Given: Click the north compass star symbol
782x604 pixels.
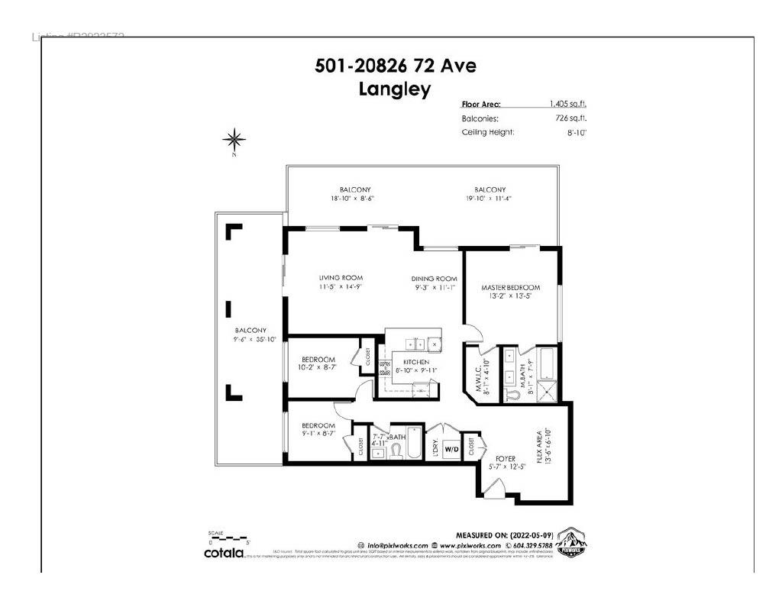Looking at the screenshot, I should click(234, 139).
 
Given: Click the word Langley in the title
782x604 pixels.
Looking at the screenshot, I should click(395, 89).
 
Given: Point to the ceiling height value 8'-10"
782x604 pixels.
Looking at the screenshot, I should click(577, 132).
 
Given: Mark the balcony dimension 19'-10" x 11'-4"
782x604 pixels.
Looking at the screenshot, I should click(489, 199).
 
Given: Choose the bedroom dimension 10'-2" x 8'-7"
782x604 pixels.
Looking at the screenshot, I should click(318, 368).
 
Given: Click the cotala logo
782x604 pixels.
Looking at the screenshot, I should click(223, 552).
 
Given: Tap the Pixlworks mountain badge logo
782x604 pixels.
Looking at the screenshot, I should click(571, 541).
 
